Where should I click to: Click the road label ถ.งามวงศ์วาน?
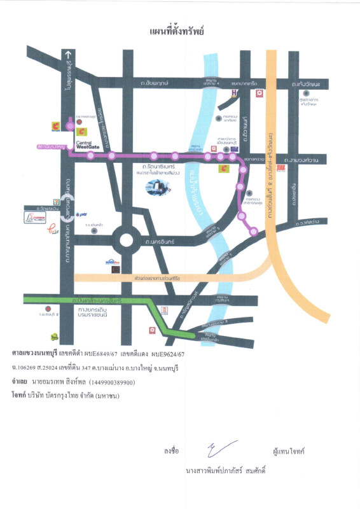[x=301, y=160]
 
